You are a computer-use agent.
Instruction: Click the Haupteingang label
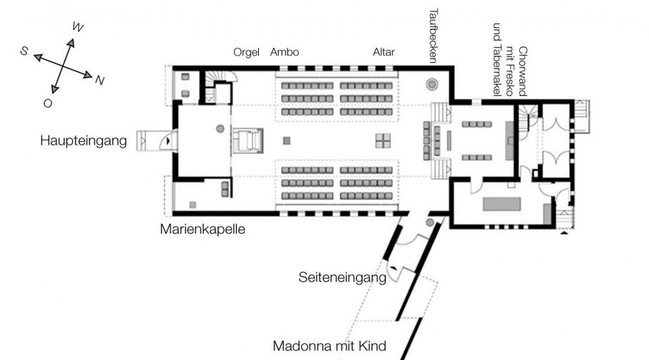click(83, 141)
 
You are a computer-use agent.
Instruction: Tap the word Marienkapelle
click(202, 229)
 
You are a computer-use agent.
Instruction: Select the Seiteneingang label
click(342, 278)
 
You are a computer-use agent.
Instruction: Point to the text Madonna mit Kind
click(329, 347)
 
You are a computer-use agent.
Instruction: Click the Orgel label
click(247, 52)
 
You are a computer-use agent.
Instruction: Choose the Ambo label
click(284, 52)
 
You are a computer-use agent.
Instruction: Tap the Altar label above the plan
click(384, 52)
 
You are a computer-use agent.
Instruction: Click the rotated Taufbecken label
click(435, 35)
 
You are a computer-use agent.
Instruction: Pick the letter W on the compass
click(78, 28)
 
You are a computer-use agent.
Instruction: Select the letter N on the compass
click(99, 80)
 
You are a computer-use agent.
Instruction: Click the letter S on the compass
click(24, 51)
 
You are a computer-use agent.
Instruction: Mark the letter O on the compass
click(47, 103)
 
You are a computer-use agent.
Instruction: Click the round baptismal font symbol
click(431, 85)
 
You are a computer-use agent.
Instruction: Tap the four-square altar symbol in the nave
click(382, 140)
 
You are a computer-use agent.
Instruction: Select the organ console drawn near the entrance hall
click(248, 140)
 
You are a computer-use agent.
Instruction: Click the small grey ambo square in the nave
click(286, 140)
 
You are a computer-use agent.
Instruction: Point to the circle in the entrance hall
click(220, 128)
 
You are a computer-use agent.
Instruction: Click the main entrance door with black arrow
click(166, 140)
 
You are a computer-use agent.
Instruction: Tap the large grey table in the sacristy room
click(501, 204)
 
